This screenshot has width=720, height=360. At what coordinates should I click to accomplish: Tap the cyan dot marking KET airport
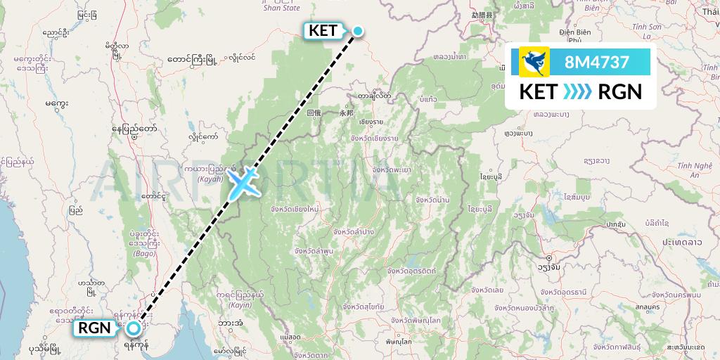click(x=358, y=30)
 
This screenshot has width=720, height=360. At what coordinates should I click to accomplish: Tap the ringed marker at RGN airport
click(x=133, y=328)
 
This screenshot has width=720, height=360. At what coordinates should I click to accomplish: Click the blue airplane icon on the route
click(x=243, y=183)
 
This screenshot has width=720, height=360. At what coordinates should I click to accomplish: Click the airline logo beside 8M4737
click(x=534, y=62)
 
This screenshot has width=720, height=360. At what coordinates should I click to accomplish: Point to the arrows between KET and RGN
click(x=577, y=91)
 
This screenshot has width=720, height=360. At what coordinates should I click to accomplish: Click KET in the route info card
click(x=537, y=91)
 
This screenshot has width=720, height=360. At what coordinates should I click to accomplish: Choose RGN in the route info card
click(x=619, y=91)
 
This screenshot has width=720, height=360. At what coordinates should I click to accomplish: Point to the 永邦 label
click(x=346, y=112)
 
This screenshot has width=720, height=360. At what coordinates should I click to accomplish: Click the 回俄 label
click(x=313, y=112)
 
